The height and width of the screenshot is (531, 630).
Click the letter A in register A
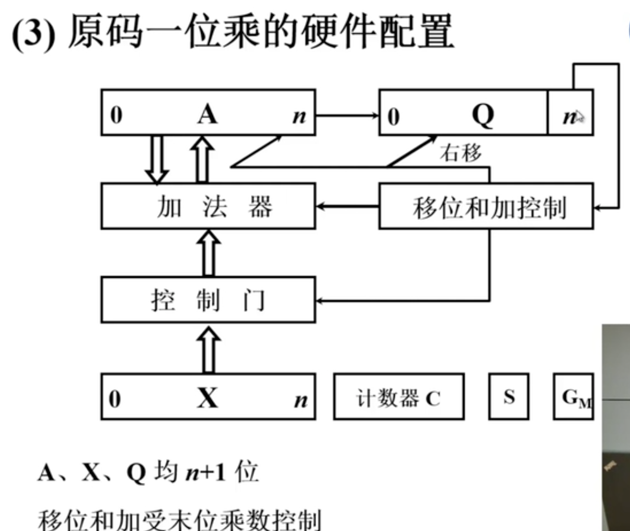[x=207, y=114]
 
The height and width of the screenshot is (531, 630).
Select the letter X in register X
[x=208, y=398]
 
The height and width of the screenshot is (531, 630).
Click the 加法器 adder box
[x=208, y=206]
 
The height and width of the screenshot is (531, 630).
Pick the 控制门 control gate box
[x=208, y=300]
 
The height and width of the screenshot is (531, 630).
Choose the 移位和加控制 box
[x=486, y=206]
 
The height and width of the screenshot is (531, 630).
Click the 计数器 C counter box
[x=399, y=397]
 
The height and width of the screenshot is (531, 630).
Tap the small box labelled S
[x=509, y=397]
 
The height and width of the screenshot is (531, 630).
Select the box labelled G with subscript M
[x=574, y=397]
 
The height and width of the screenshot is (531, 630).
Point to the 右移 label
[x=460, y=153]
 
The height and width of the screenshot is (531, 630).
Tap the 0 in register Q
[x=393, y=117]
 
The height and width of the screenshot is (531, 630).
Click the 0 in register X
[x=115, y=399]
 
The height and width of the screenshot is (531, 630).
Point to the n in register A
[x=299, y=117]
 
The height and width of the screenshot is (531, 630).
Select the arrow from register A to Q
[x=347, y=115]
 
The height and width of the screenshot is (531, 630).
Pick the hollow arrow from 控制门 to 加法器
[x=208, y=253]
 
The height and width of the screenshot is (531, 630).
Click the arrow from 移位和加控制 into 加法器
[x=347, y=206]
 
